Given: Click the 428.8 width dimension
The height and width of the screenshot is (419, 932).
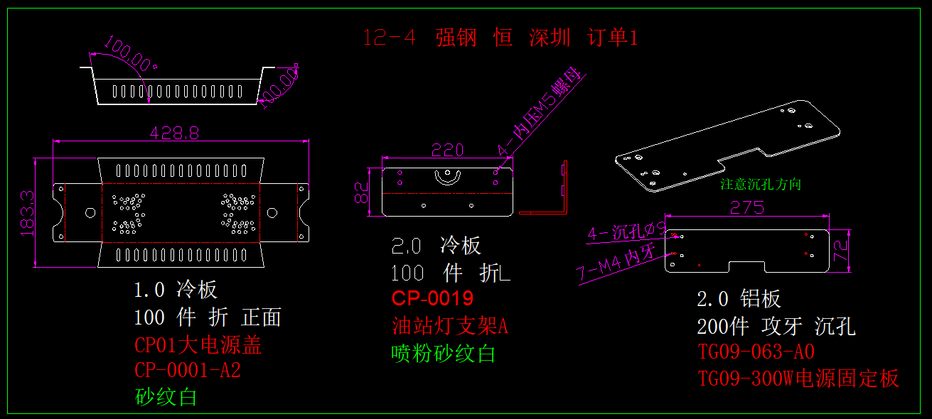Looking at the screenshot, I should pyautogui.click(x=173, y=133).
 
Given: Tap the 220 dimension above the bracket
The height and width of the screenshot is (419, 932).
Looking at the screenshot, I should pyautogui.click(x=448, y=150).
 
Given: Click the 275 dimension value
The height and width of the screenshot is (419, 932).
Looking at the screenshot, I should pyautogui.click(x=746, y=207).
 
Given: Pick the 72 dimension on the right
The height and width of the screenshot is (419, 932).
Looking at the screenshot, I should pyautogui.click(x=841, y=250).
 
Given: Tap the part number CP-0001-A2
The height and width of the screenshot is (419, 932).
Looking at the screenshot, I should pyautogui.click(x=188, y=371).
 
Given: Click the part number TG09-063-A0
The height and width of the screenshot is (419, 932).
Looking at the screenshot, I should pyautogui.click(x=756, y=353).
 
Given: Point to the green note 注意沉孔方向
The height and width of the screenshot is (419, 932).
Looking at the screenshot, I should pyautogui.click(x=761, y=185).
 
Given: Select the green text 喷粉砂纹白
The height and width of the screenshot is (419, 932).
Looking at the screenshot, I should pyautogui.click(x=443, y=353).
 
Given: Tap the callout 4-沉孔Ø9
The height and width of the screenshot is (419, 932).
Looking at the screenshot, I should pyautogui.click(x=626, y=231).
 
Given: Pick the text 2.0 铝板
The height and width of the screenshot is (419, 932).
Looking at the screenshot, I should pyautogui.click(x=739, y=299).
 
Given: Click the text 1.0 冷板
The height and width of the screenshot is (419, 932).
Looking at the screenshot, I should pyautogui.click(x=176, y=290).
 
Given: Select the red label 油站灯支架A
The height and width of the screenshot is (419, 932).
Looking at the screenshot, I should pyautogui.click(x=449, y=326).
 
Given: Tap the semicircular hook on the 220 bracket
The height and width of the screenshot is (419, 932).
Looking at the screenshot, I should pyautogui.click(x=447, y=177).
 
